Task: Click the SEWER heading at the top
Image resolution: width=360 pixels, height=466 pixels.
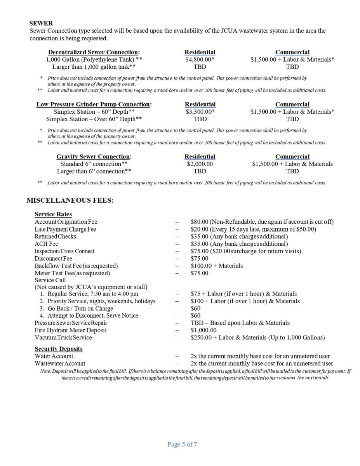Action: pos(41,23)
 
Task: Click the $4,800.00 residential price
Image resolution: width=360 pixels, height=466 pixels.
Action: pos(200,59)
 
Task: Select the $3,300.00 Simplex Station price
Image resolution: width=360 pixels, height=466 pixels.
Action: pos(200,112)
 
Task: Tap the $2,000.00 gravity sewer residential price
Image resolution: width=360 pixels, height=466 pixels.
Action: pos(200,164)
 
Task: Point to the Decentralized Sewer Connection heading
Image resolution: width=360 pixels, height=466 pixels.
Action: pos(94,52)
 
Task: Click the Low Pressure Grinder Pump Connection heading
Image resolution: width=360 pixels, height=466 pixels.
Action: pos(94,104)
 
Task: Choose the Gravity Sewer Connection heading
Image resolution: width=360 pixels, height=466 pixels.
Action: pos(94,156)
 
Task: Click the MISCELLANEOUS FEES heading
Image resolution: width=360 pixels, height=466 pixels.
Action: pos(70,200)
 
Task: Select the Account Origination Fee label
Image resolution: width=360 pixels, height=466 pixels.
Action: pos(66,222)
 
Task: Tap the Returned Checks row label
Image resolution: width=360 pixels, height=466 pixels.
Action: pos(55,236)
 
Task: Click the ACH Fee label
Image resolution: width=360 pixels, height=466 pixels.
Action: pos(46,244)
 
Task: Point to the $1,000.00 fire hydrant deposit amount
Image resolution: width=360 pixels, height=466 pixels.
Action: pos(203,330)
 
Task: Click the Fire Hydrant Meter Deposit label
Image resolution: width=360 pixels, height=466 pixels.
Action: pos(71,330)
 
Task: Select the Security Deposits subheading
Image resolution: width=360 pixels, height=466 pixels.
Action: pos(58,349)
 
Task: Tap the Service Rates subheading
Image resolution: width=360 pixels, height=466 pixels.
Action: pos(53,214)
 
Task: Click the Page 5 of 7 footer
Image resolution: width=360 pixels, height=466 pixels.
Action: pos(182,445)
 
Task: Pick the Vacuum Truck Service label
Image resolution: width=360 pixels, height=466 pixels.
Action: pos(63,337)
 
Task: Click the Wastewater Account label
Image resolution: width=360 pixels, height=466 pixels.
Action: pos(60,363)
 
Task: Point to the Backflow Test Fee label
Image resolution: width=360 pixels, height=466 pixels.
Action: pos(76,266)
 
